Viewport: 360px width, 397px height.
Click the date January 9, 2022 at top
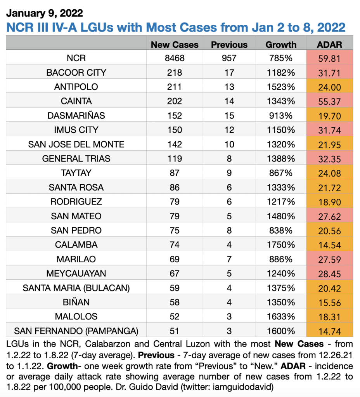click(x=45, y=13)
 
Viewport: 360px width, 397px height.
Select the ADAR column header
click(x=329, y=45)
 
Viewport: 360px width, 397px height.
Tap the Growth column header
click(x=281, y=45)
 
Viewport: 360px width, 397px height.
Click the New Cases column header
click(x=175, y=45)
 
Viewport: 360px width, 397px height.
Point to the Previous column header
click(x=229, y=45)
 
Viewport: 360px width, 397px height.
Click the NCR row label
click(x=76, y=58)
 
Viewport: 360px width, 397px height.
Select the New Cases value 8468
click(x=175, y=58)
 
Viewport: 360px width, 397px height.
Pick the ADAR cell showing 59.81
click(x=329, y=58)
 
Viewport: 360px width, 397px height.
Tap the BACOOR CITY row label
click(x=76, y=73)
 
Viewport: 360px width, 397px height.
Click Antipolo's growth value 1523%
click(x=281, y=87)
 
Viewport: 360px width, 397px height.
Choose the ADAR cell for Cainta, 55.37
click(x=329, y=101)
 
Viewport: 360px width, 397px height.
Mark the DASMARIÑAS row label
click(x=76, y=116)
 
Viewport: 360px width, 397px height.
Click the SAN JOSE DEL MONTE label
click(x=76, y=144)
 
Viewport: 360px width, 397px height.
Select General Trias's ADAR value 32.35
click(x=329, y=159)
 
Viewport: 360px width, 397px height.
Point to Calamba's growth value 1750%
click(x=281, y=245)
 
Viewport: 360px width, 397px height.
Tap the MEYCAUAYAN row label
click(x=76, y=274)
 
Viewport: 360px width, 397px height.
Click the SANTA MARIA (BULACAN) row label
click(x=76, y=288)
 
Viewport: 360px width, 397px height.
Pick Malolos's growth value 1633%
click(x=281, y=317)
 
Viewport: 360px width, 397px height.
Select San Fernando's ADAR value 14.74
click(x=329, y=331)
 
